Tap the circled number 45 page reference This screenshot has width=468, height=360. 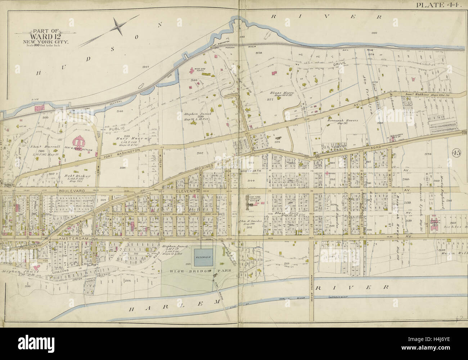point(457,152)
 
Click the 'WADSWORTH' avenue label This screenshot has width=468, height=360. point(251,171)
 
